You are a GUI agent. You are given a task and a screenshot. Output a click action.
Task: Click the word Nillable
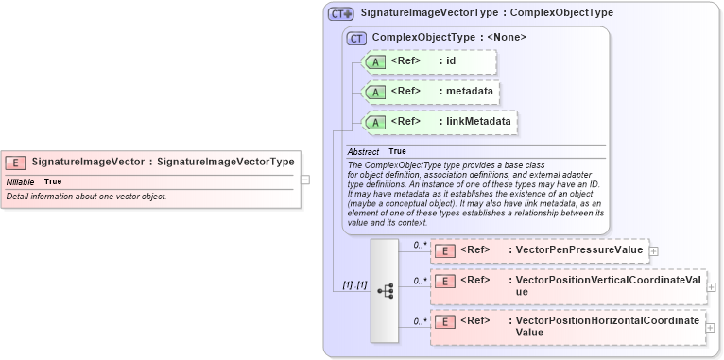(x=21, y=180)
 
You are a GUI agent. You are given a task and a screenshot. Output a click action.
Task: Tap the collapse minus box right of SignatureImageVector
(x=305, y=179)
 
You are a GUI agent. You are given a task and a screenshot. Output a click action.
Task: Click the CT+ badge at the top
(x=340, y=14)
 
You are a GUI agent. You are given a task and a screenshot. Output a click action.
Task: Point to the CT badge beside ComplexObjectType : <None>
(x=357, y=38)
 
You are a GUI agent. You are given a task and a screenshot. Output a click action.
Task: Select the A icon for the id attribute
(x=375, y=61)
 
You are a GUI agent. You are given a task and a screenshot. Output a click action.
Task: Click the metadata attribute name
(x=473, y=92)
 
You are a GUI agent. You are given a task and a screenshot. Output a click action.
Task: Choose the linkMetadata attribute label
(x=478, y=122)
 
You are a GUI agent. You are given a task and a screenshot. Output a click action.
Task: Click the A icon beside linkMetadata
(x=375, y=122)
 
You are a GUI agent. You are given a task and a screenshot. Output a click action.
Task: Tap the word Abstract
(x=363, y=151)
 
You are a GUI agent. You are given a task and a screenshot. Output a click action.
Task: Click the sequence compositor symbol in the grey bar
(x=385, y=291)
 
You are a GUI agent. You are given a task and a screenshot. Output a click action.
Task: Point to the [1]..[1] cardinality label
(x=354, y=285)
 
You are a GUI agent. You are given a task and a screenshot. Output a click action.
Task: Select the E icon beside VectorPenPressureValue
(x=445, y=250)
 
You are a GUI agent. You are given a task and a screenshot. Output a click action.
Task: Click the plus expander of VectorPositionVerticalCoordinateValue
(x=711, y=286)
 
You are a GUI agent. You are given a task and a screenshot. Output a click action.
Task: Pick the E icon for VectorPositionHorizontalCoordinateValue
(x=445, y=321)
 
